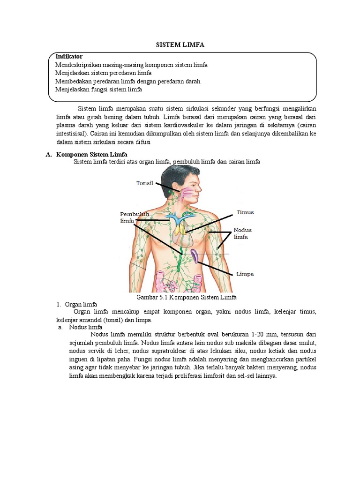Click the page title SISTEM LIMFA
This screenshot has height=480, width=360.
coord(180,45)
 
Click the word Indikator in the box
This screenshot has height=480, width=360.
coord(69,56)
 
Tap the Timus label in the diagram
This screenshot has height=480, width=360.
coord(245,212)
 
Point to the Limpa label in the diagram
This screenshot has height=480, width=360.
coord(245,274)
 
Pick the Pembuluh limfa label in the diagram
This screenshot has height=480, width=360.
coord(134,217)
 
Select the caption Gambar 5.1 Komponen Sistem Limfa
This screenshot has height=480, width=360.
coord(186,297)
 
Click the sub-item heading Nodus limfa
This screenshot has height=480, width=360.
coord(88,327)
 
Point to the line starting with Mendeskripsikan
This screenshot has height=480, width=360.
coord(131,65)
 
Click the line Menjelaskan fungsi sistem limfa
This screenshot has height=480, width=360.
coord(98,89)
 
